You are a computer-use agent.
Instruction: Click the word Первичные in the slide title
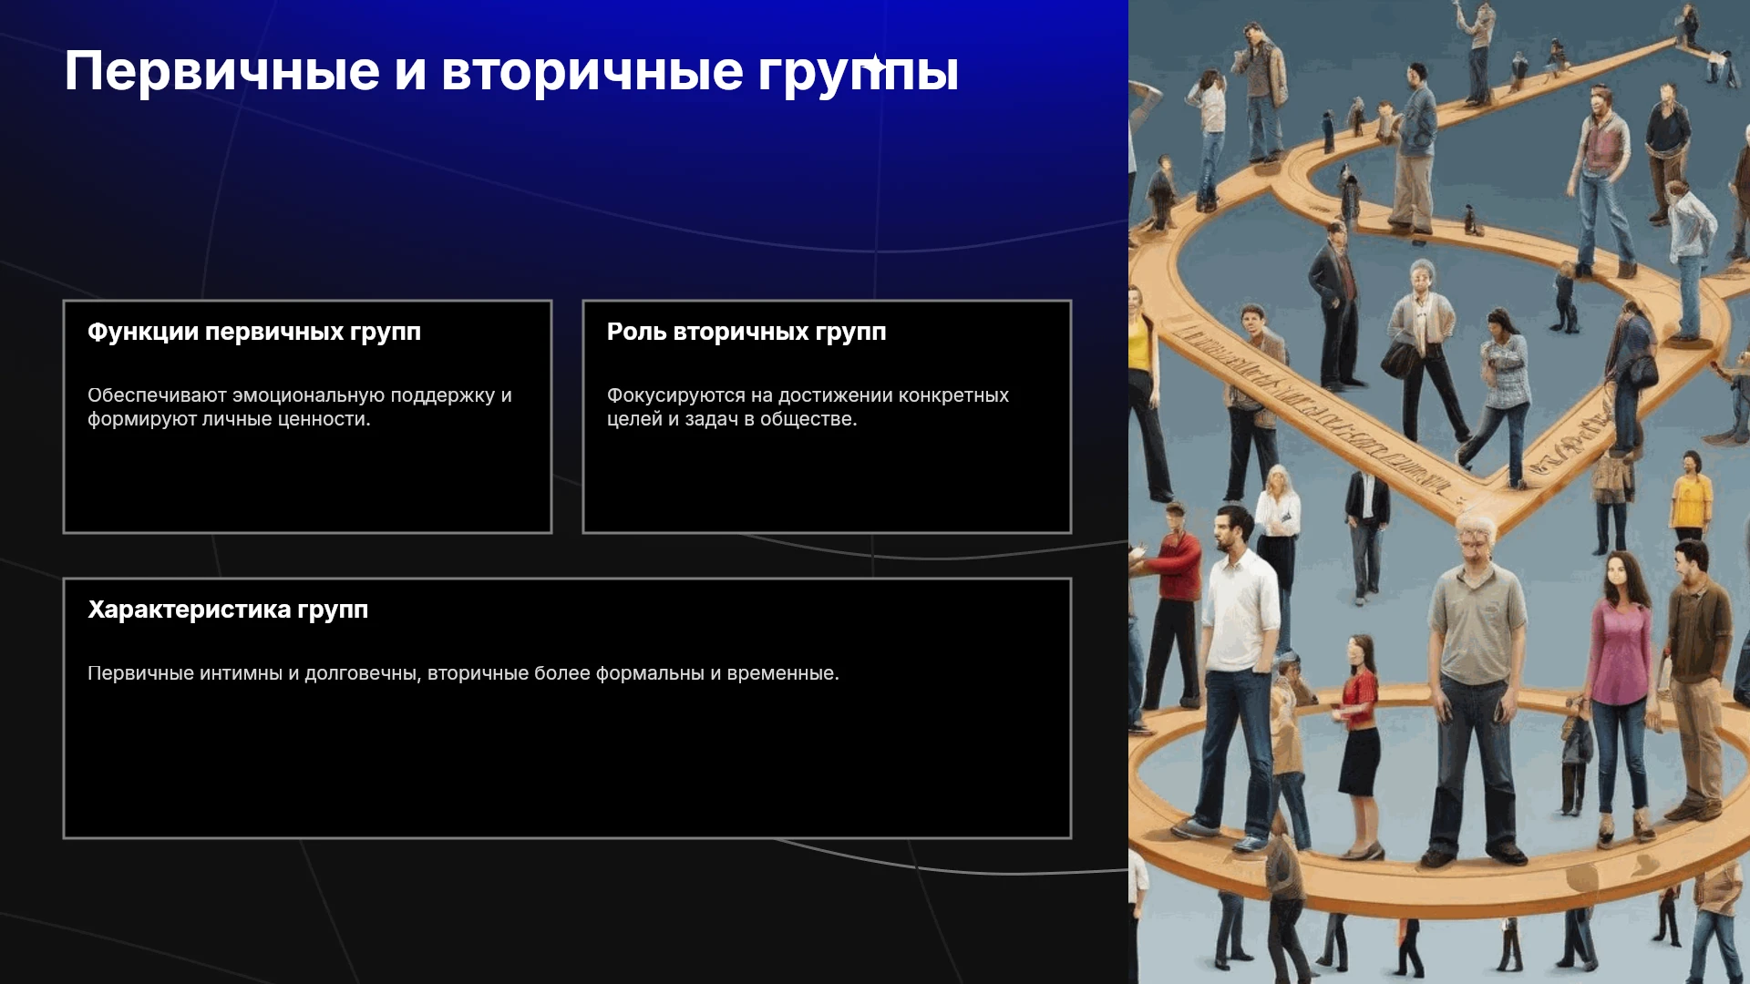click(x=221, y=71)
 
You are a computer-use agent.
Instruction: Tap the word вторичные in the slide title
click(x=592, y=71)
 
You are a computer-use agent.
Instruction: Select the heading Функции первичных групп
click(x=254, y=333)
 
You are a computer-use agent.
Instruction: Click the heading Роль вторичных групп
click(x=746, y=333)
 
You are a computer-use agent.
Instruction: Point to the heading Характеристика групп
click(x=228, y=610)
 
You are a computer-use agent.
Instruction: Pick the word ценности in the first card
click(x=326, y=419)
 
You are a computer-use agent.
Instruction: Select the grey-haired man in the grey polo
click(x=1475, y=688)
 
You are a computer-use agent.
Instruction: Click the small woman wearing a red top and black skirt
click(x=1359, y=747)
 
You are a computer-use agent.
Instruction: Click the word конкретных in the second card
click(x=953, y=395)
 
